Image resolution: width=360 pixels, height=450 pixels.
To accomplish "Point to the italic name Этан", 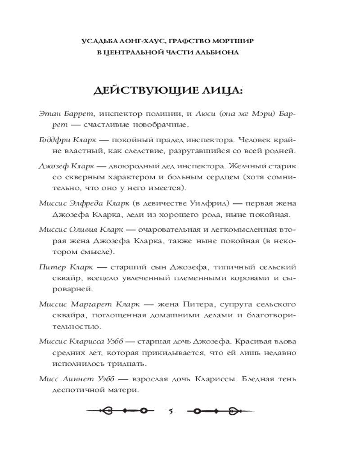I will coord(49,112).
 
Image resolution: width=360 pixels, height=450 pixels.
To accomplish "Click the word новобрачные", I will coord(166,124).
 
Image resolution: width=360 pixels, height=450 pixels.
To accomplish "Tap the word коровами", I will coord(254,278).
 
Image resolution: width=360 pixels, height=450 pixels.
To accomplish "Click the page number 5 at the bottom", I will coord(171,411).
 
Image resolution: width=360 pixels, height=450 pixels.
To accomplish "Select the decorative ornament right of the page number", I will coord(217,411).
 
